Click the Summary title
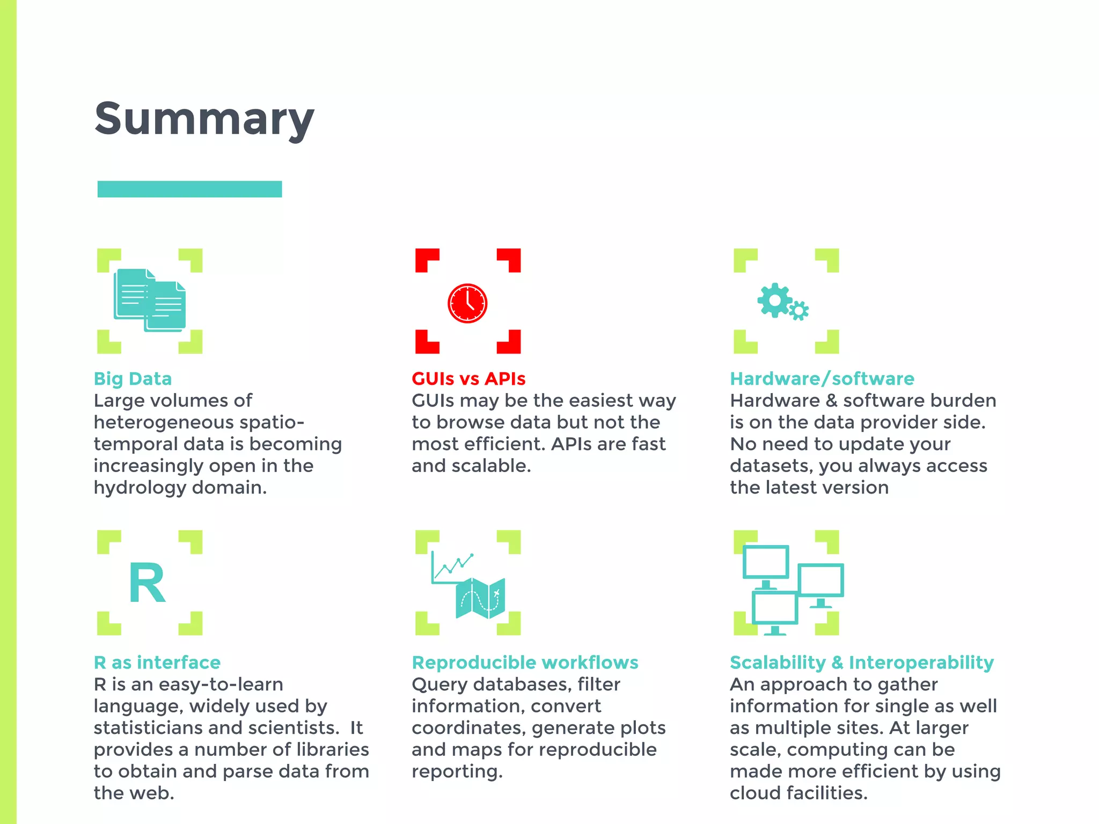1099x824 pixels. (204, 119)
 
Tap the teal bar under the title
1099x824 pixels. (189, 189)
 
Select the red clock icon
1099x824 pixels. (467, 303)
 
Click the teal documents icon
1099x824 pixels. (150, 300)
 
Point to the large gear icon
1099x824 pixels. (774, 300)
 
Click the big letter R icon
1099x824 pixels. (147, 583)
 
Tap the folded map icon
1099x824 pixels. (480, 598)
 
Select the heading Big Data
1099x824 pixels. (133, 379)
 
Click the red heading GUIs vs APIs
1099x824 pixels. (468, 379)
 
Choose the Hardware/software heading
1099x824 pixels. (822, 379)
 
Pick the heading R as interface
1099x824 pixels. (157, 663)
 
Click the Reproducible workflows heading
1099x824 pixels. (525, 663)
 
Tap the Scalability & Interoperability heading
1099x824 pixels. (861, 663)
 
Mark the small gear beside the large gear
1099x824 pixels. (799, 311)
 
